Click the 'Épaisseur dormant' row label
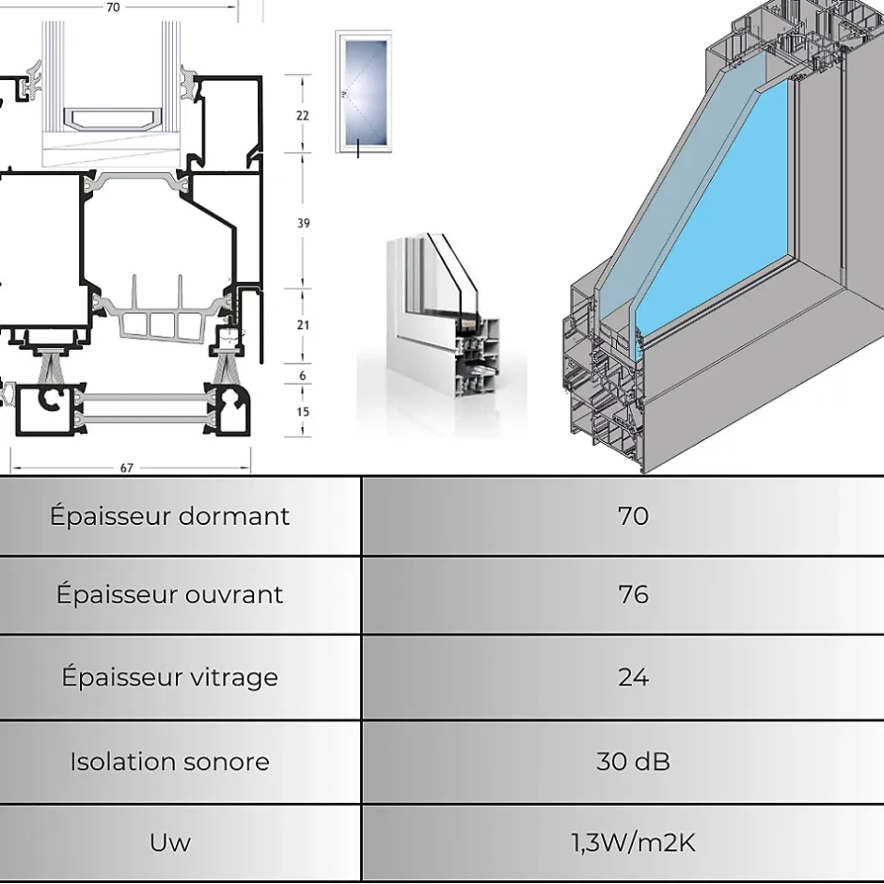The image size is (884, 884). (170, 516)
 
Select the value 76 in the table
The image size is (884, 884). (633, 594)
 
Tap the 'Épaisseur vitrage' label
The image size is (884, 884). (170, 677)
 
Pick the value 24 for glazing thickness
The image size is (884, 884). (633, 677)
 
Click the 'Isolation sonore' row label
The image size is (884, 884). (170, 762)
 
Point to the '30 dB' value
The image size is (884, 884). (633, 762)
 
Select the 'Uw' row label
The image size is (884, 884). (170, 843)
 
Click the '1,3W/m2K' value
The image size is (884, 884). (633, 843)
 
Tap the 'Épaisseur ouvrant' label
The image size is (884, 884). (170, 594)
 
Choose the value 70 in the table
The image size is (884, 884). (633, 516)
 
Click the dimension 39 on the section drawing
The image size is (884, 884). (303, 223)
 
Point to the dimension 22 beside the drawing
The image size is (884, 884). (303, 116)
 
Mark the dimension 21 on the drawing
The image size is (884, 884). (303, 324)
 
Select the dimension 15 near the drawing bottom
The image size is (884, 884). (303, 411)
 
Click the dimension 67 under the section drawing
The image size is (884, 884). (127, 467)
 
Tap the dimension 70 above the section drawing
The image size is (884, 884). (113, 8)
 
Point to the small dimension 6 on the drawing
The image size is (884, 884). (303, 375)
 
